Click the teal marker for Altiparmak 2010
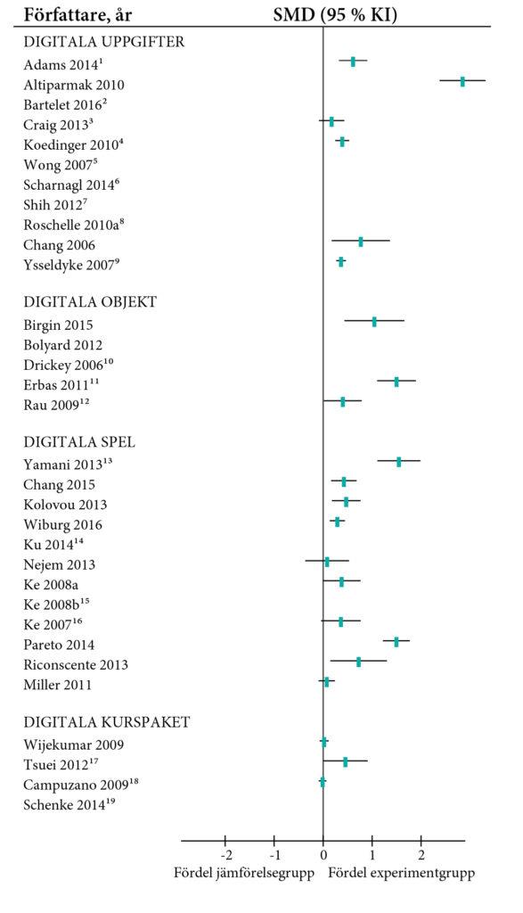[x=462, y=81]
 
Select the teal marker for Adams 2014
[x=353, y=62]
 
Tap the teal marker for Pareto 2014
[x=396, y=641]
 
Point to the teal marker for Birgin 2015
[x=374, y=322]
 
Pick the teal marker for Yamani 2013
[x=399, y=462]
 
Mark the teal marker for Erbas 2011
[x=396, y=382]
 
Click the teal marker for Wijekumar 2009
[x=324, y=742]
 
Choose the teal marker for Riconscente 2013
[x=359, y=662]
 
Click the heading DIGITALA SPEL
[x=80, y=442]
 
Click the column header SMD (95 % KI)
[x=335, y=15]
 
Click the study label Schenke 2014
[x=68, y=804]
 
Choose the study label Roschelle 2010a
[x=73, y=224]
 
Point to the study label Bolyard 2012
[x=64, y=345]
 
